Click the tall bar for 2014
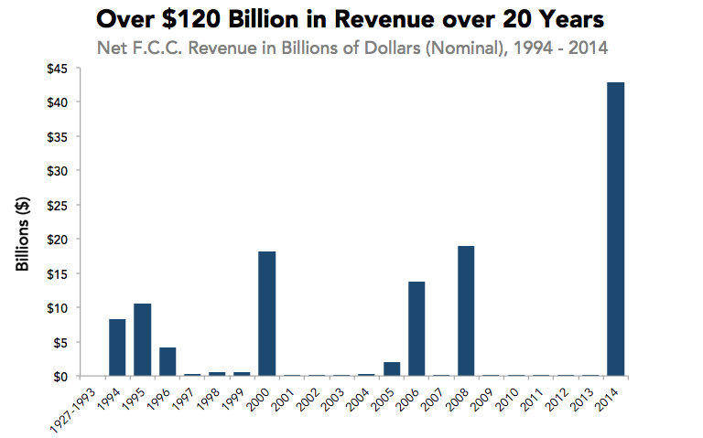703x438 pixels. [x=616, y=230]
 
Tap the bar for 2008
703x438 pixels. [x=466, y=311]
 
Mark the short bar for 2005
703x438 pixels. [x=392, y=369]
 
